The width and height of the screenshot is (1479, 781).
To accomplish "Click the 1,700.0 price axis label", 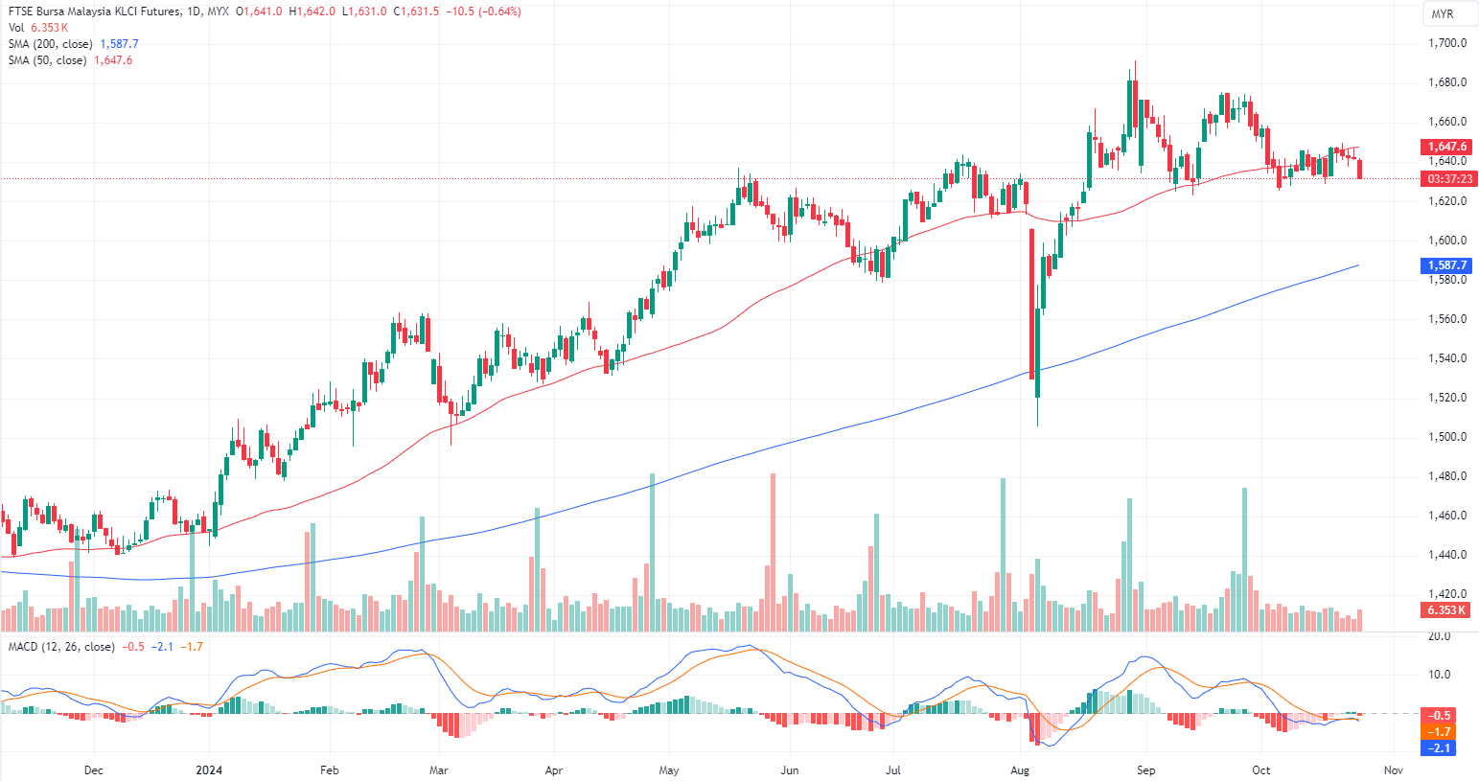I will point(1447,43).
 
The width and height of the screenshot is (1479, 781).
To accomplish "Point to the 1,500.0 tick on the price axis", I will point(1447,437).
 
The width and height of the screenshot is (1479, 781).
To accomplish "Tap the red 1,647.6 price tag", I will point(1446,147).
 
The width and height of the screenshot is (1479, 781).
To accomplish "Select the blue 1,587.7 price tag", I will point(1446,265).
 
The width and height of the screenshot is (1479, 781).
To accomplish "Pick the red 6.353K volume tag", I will point(1446,610).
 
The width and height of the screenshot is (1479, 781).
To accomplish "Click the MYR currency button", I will point(1442,14).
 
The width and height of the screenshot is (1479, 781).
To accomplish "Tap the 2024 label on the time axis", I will point(209,770).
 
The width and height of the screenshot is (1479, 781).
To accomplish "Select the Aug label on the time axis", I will point(1020,770).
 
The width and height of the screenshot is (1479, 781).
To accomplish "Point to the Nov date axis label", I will point(1394,770).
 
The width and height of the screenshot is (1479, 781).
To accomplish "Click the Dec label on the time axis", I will point(94,770).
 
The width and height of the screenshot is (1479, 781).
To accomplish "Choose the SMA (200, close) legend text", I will point(50,44).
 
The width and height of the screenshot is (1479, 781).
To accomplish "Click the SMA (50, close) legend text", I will point(47,60).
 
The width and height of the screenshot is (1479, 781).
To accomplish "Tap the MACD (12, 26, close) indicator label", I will point(61,647).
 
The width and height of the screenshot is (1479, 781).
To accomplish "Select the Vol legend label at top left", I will point(16,28).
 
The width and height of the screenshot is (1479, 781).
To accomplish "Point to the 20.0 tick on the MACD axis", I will point(1439,636).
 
